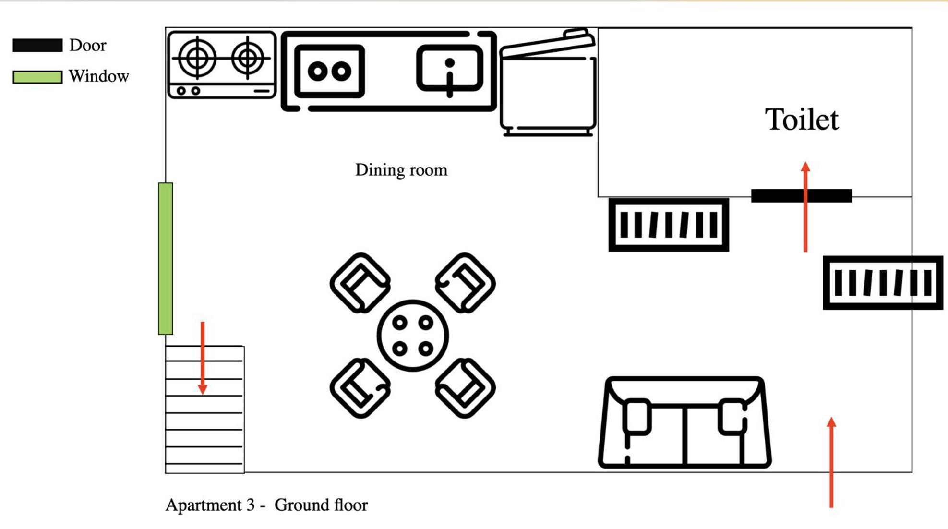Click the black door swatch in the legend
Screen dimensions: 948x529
pos(37,45)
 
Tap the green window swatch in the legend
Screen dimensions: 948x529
pos(37,77)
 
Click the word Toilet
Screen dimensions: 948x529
pos(802,120)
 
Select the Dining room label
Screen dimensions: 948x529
pos(401,170)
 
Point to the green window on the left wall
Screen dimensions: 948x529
pos(166,258)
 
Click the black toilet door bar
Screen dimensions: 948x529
pos(802,195)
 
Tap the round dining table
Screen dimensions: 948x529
pos(413,336)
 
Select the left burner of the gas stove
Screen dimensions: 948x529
pos(197,58)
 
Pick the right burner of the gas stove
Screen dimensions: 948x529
pos(248,58)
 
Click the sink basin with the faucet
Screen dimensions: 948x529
pos(450,68)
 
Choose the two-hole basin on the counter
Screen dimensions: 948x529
pos(329,71)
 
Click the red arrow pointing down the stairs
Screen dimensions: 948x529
pos(203,358)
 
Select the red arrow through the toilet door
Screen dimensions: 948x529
pos(805,207)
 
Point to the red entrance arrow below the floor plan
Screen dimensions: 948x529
pos(831,462)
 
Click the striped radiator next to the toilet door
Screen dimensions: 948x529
pos(669,225)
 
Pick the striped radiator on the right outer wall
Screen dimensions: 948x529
pos(883,283)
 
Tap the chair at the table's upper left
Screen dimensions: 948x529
pos(360,283)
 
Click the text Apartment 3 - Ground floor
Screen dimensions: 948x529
pos(266,505)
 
